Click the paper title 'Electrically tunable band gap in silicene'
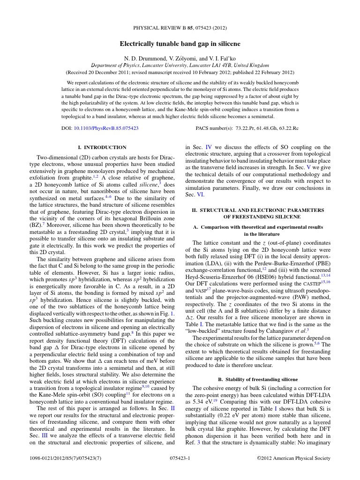click(x=180, y=44)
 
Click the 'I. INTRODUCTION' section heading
click(x=102, y=147)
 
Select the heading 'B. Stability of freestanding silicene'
click(x=258, y=379)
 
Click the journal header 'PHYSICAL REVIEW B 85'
click(x=164, y=28)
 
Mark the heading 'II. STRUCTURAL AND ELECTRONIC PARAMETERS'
click(x=258, y=210)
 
